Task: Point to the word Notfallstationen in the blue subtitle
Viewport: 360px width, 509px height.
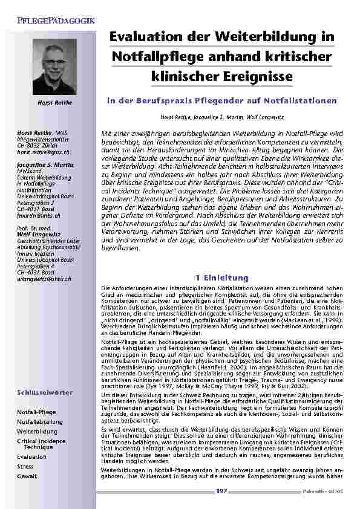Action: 296,100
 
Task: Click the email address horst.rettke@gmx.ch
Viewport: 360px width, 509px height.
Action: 43,154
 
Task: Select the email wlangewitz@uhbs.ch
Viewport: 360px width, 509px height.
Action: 44,262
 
